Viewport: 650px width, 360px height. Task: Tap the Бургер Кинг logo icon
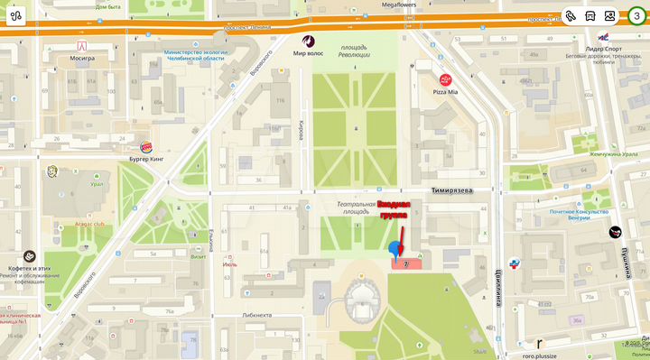(145, 147)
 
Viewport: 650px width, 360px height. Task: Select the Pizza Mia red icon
(446, 80)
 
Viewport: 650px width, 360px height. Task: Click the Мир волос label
(310, 53)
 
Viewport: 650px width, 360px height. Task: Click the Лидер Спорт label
(604, 49)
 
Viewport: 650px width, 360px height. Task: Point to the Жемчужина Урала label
(613, 153)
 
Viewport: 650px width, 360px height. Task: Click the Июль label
(229, 265)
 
